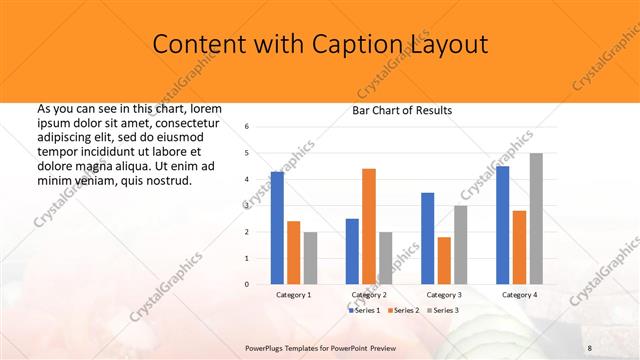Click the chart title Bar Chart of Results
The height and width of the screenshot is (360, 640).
click(x=402, y=110)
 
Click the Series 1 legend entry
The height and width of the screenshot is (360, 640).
click(x=366, y=311)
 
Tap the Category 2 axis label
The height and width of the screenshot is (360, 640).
click(x=369, y=295)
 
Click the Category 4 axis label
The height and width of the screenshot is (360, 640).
click(x=519, y=295)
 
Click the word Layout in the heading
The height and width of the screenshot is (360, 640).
click(x=448, y=44)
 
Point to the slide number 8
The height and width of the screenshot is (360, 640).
click(x=590, y=347)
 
